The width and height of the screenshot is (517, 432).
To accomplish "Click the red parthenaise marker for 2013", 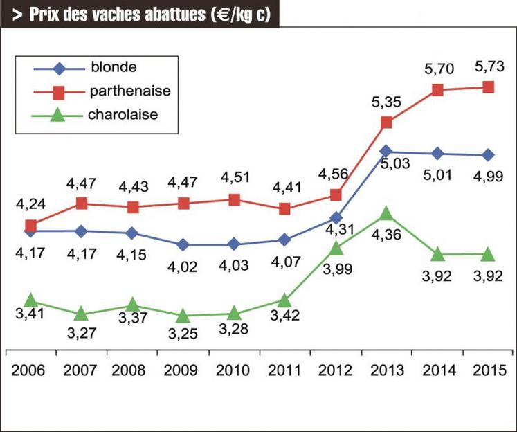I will [386, 123].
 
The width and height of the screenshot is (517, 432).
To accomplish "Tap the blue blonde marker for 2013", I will [386, 151].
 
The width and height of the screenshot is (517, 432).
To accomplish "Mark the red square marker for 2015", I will [488, 87].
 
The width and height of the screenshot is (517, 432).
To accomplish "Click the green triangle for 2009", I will [183, 316].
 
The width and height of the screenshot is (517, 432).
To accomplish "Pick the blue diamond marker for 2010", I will [234, 244].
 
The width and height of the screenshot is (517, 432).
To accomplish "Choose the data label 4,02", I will [183, 267].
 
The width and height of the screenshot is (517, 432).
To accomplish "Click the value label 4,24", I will [30, 204].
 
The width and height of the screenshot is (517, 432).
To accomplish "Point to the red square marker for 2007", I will [81, 203].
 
